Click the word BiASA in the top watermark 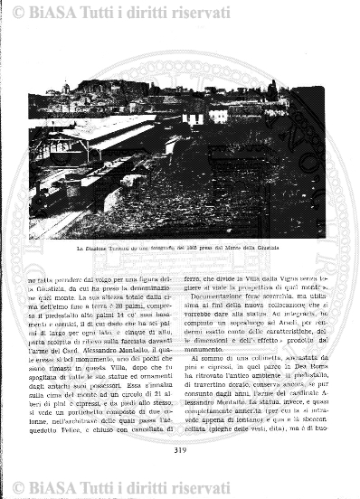point(52,11)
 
